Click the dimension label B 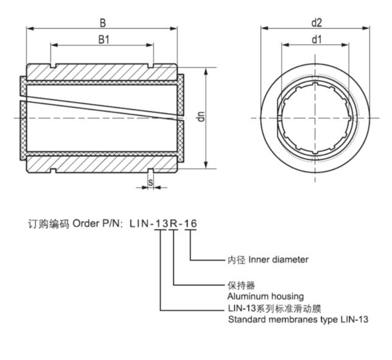click(103, 23)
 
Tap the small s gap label click(150, 182)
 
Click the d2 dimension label click(316, 22)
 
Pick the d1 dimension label click(316, 40)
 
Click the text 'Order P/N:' click(98, 223)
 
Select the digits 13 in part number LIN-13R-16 click(161, 223)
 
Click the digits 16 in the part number click(191, 223)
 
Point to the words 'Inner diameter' click(278, 260)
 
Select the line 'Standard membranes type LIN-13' click(298, 319)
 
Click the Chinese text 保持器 click(240, 285)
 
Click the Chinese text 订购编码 click(48, 223)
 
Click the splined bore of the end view click(315, 117)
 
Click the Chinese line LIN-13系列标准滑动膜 click(272, 308)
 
